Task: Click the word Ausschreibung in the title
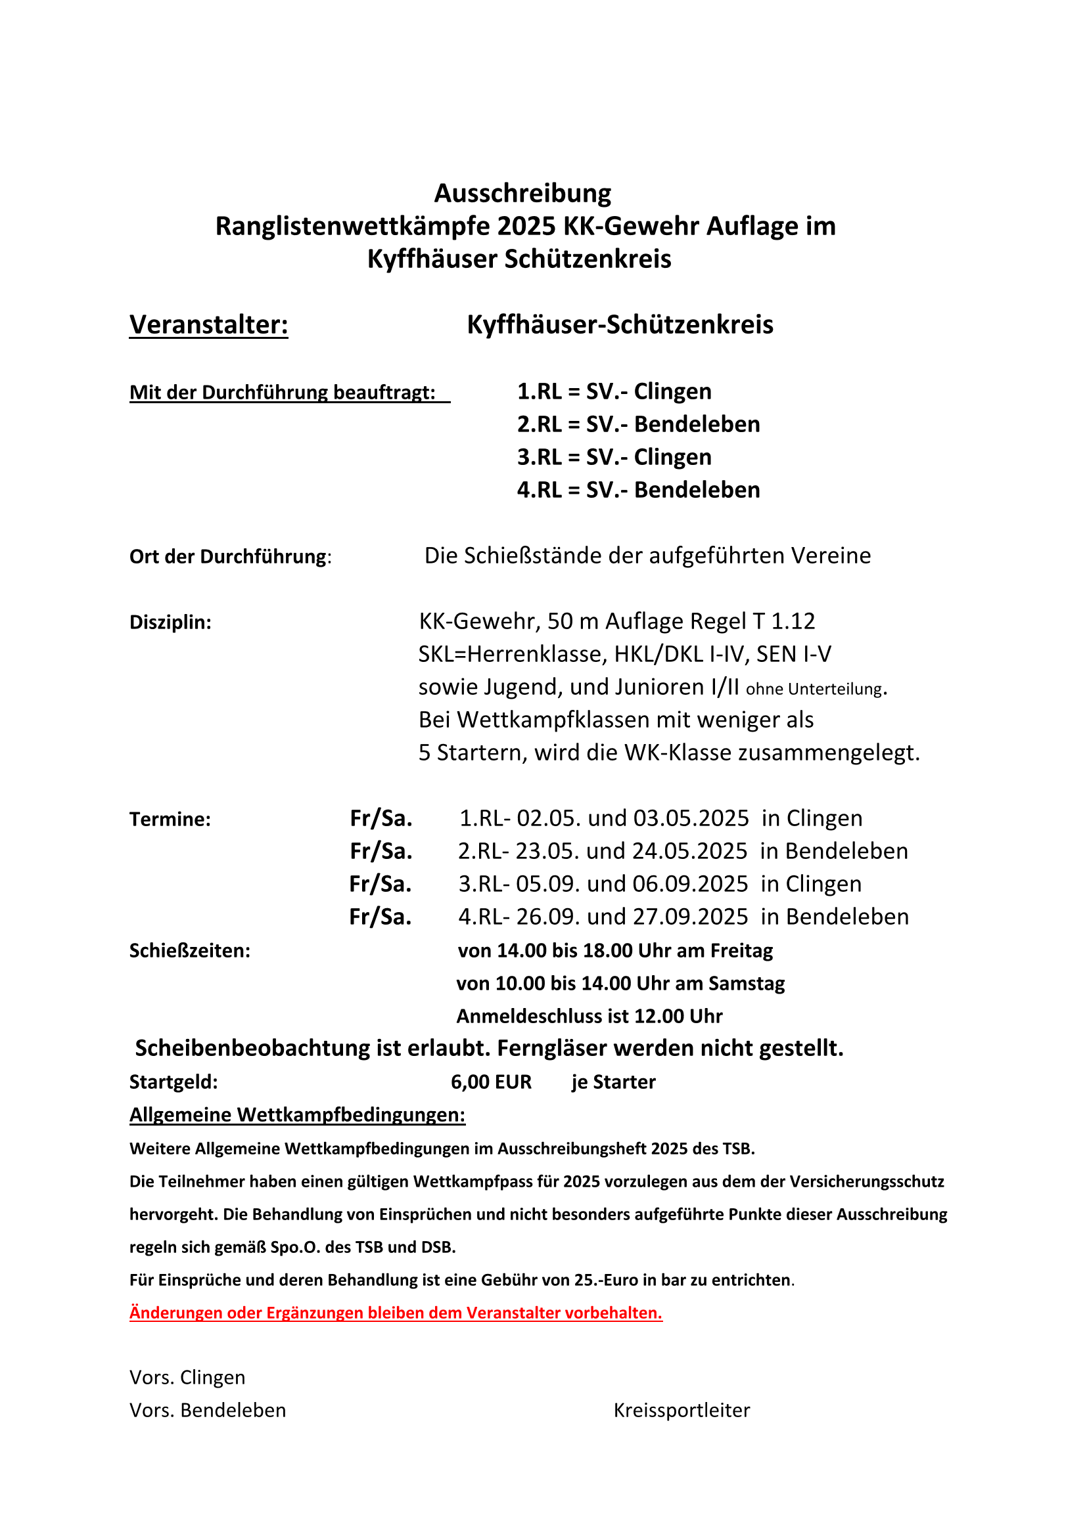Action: pyautogui.click(x=522, y=193)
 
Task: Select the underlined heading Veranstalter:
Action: pyautogui.click(x=208, y=324)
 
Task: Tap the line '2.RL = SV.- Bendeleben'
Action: pyautogui.click(x=638, y=424)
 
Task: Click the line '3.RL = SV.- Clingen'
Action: pyautogui.click(x=614, y=457)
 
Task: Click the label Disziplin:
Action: pyautogui.click(x=170, y=622)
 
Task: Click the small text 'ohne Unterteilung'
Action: pyautogui.click(x=813, y=689)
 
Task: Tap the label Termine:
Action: pyautogui.click(x=170, y=820)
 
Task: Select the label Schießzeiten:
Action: pyautogui.click(x=189, y=951)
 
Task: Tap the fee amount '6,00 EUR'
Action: pyautogui.click(x=491, y=1082)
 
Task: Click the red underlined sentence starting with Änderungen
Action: pyautogui.click(x=396, y=1313)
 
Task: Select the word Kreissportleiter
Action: pyautogui.click(x=682, y=1410)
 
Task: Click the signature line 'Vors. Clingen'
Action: pyautogui.click(x=187, y=1378)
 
